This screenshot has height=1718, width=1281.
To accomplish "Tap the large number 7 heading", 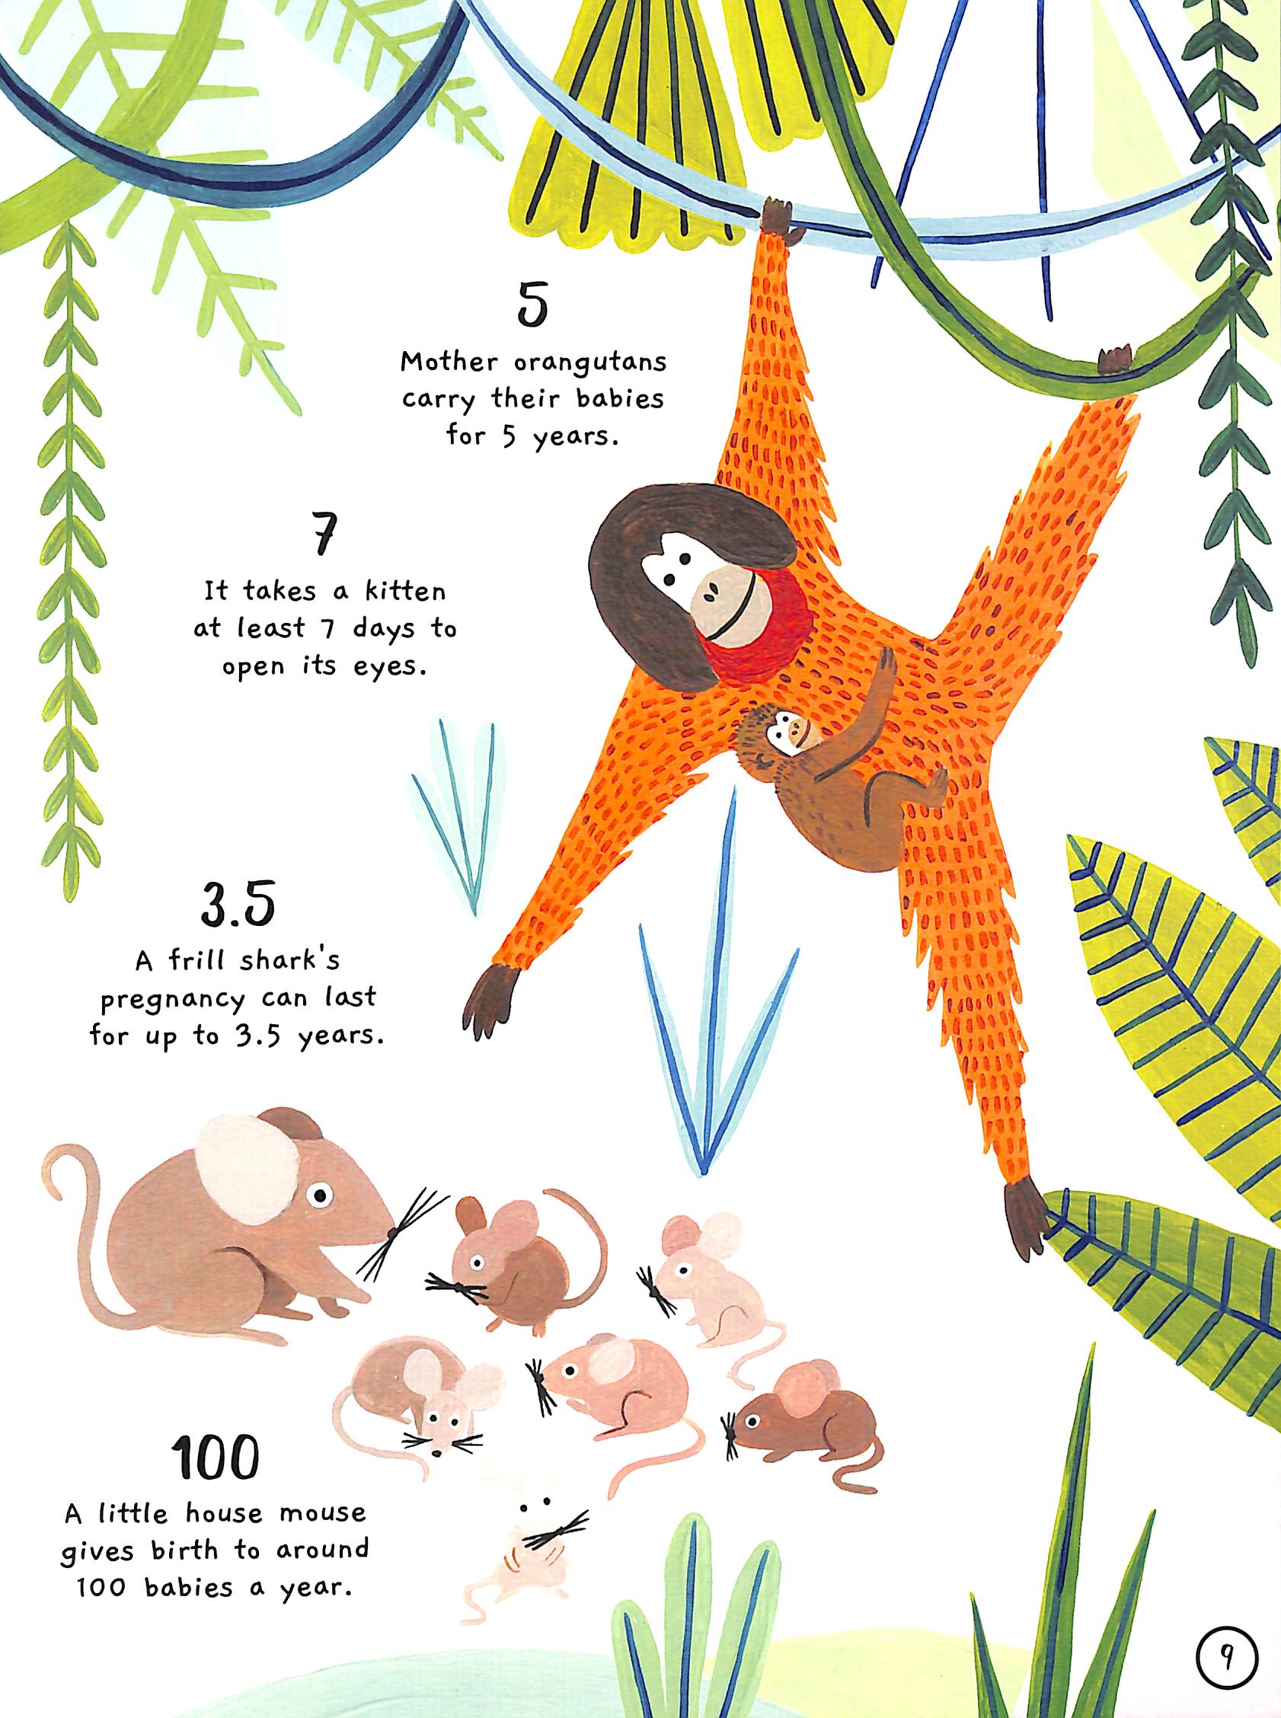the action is click(324, 532).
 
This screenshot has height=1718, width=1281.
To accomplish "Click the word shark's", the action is click(289, 960).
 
